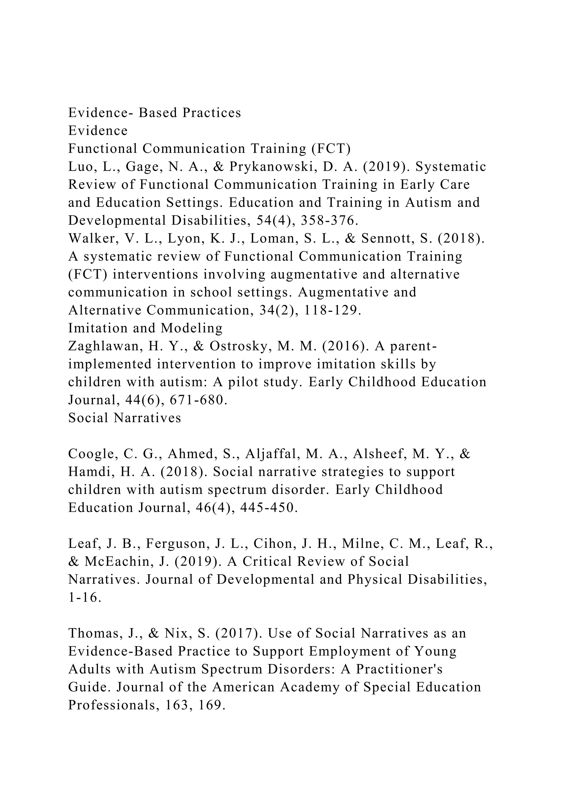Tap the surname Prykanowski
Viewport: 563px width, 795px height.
pos(276,167)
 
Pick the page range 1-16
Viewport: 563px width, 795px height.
pos(85,598)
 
